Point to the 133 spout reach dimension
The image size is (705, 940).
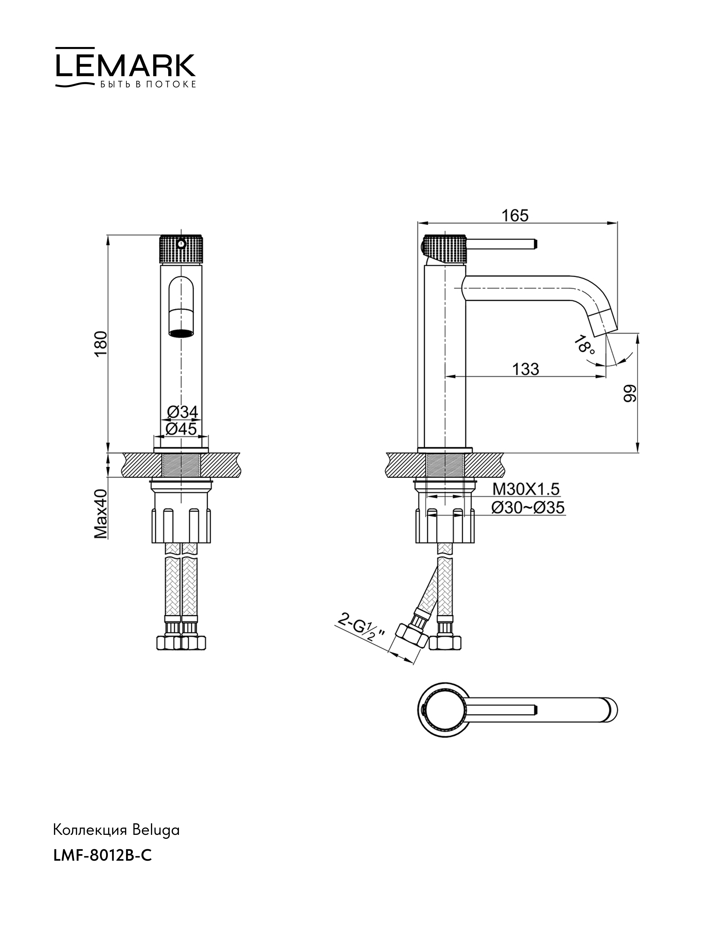tap(525, 369)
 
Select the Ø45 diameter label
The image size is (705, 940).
tap(182, 429)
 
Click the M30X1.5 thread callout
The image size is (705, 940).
tap(526, 490)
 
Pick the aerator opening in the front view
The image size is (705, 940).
tap(182, 333)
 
